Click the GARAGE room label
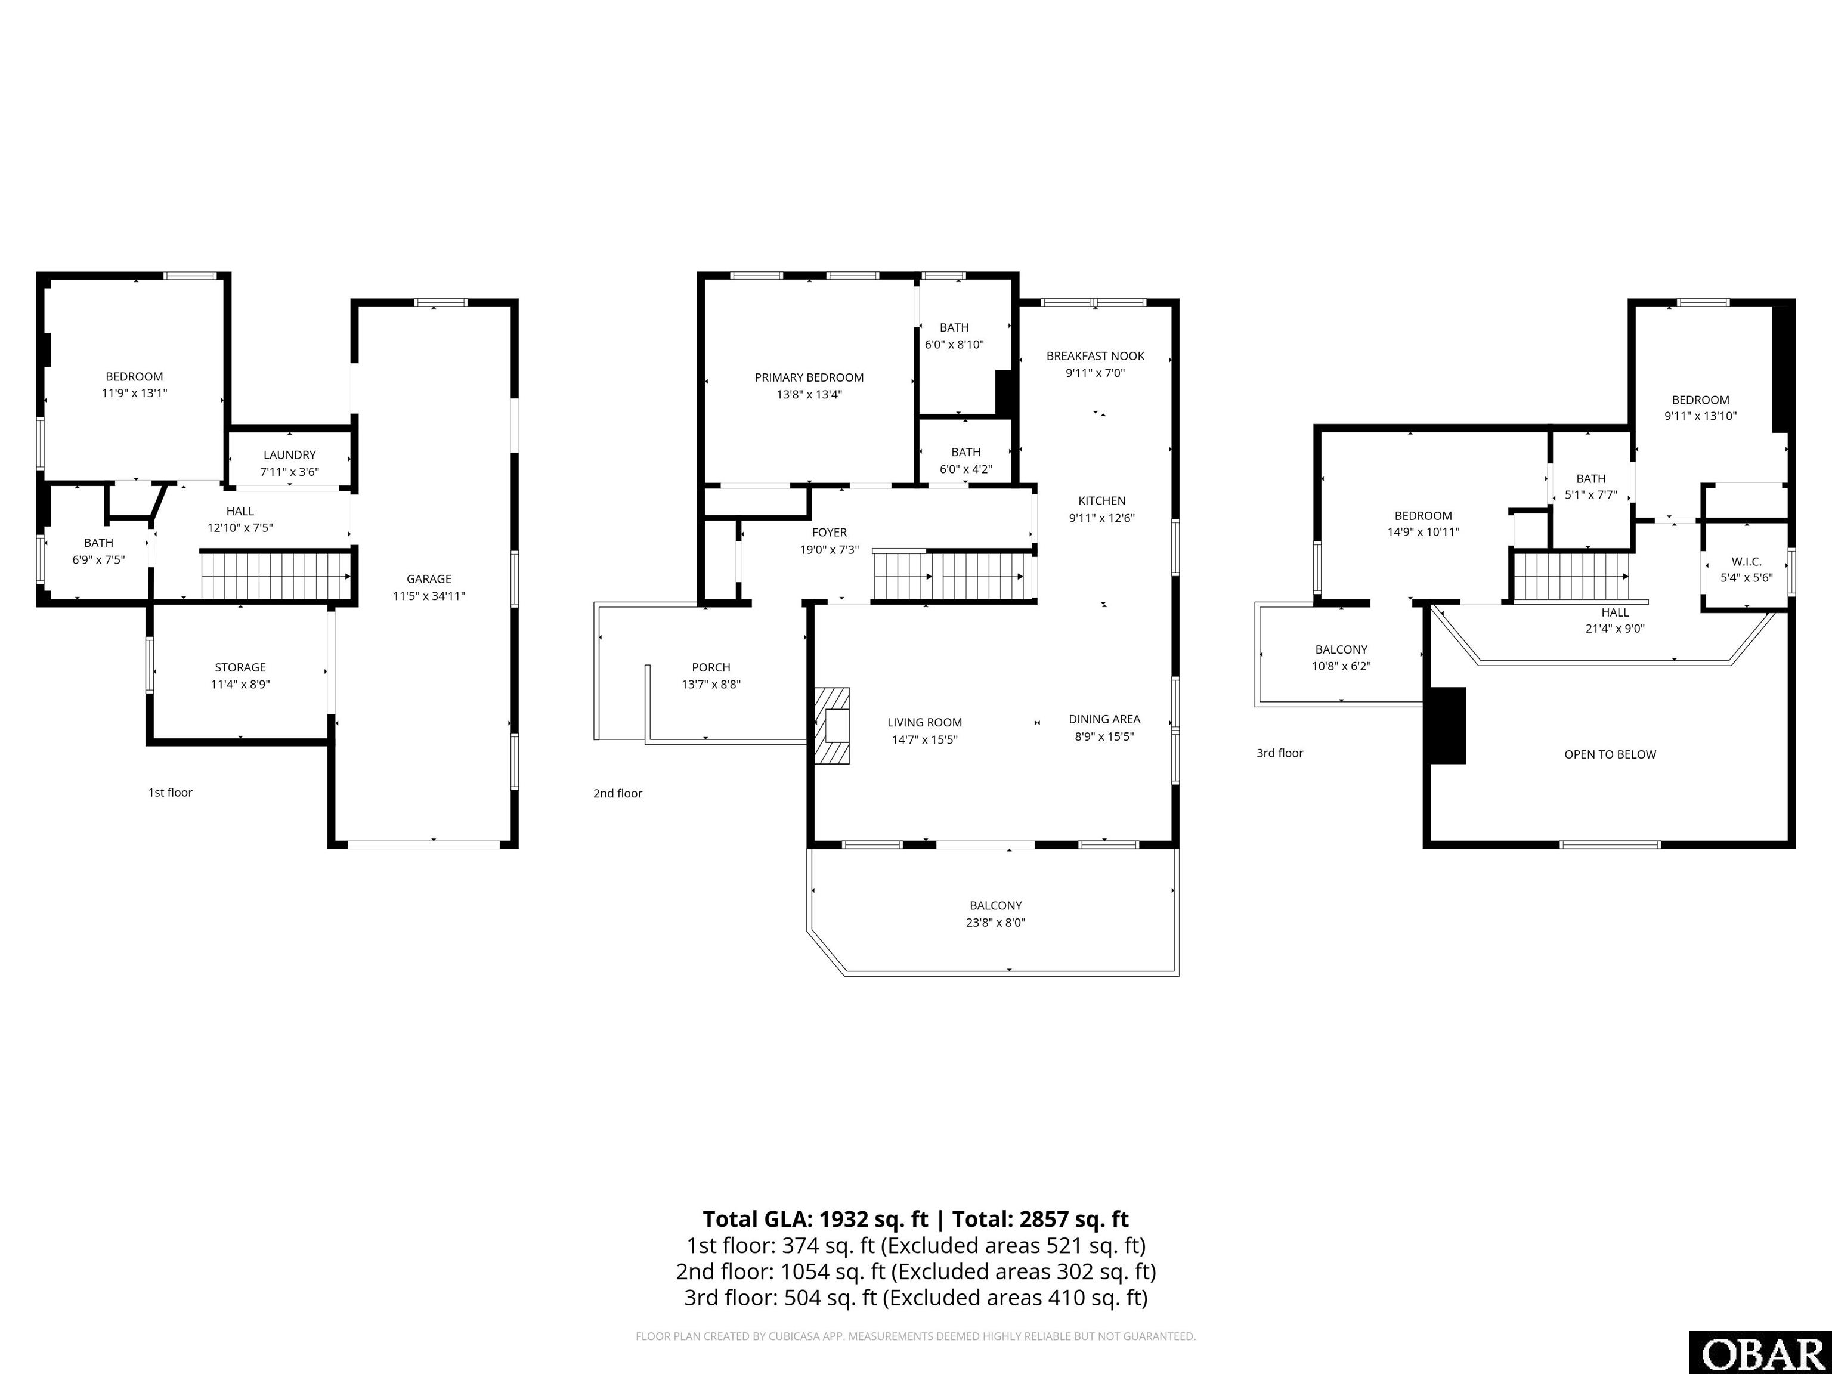point(428,579)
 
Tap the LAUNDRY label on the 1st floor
point(289,454)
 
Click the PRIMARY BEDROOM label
point(808,377)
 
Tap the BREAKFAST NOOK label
point(1095,356)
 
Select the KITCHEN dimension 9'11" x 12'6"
point(1101,518)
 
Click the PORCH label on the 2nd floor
point(711,667)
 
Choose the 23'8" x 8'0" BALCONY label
point(995,914)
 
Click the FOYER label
point(829,533)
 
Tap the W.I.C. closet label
point(1746,562)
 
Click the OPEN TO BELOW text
point(1609,754)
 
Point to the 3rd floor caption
point(1280,753)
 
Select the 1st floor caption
point(170,793)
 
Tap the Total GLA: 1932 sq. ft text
point(816,1219)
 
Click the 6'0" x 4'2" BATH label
point(965,460)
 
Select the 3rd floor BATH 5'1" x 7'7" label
point(1590,487)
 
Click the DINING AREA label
point(1104,719)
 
